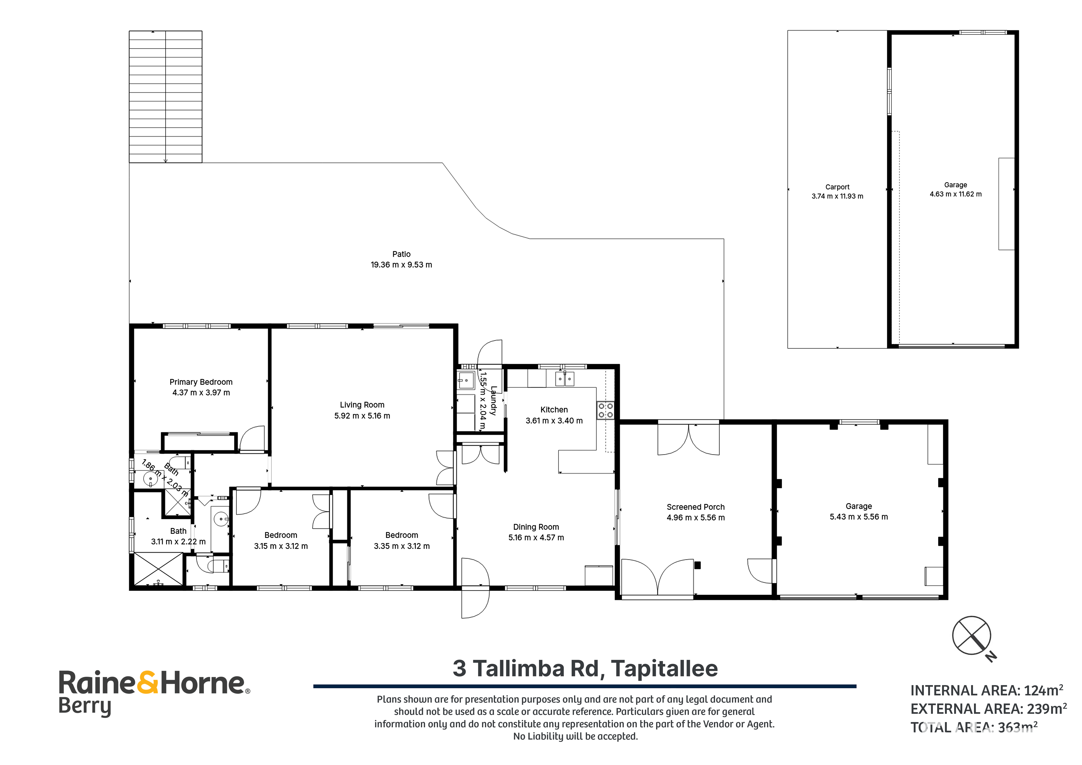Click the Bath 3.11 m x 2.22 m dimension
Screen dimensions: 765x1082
178,542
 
